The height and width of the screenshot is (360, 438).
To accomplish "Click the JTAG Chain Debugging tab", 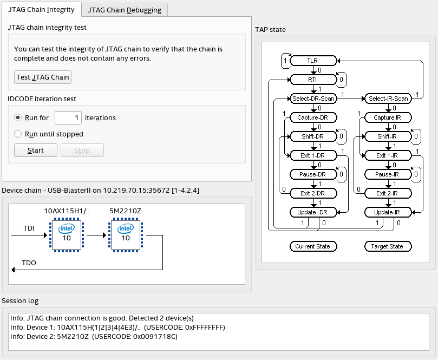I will click(x=125, y=9).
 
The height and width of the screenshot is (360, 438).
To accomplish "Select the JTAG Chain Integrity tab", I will click(x=42, y=9).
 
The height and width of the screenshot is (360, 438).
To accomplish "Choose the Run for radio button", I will click(x=18, y=117).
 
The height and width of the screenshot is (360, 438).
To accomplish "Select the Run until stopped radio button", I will click(x=18, y=134).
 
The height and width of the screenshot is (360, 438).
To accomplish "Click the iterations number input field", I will click(x=68, y=117).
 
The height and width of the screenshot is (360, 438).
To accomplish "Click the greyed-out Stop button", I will click(x=82, y=150).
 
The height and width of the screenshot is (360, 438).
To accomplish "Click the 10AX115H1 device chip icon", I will click(x=66, y=235).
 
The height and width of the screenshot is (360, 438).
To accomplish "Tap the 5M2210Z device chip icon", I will click(x=125, y=235).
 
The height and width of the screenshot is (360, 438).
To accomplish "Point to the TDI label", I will click(x=29, y=228).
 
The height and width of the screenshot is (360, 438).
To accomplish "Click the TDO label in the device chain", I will click(x=29, y=263).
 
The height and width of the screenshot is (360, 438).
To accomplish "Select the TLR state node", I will click(x=312, y=61).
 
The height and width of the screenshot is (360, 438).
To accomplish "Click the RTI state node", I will click(x=312, y=80).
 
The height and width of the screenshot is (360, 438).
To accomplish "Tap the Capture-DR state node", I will click(x=312, y=117).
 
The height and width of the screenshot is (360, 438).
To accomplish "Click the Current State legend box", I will click(x=312, y=246).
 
